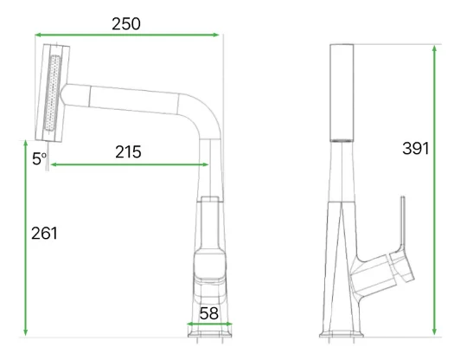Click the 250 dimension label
(126, 23)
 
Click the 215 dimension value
(128, 152)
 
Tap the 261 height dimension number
(44, 233)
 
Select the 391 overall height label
(415, 148)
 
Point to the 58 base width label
(209, 313)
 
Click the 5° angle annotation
(40, 159)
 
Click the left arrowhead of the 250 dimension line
(38, 35)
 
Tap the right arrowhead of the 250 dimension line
(215, 35)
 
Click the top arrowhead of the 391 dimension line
(434, 48)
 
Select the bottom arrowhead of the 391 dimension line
(434, 331)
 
